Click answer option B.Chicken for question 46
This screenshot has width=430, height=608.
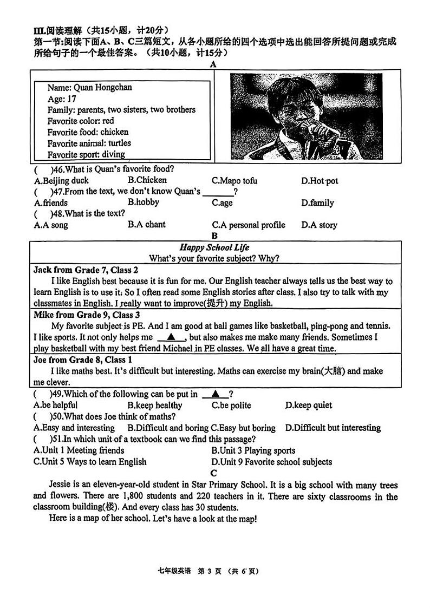pos(147,180)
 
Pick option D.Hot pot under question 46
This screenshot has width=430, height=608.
pos(320,181)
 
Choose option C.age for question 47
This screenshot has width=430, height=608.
pos(222,202)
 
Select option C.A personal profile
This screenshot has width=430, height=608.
pos(248,225)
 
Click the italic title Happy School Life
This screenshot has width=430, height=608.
pos(214,247)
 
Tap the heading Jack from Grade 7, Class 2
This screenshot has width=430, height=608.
pos(86,270)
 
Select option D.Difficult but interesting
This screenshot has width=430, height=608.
pos(333,428)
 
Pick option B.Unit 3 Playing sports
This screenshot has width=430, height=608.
pos(253,450)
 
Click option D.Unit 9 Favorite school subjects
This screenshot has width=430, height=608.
pos(271,462)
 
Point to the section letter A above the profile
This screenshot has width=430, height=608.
pos(213,64)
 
